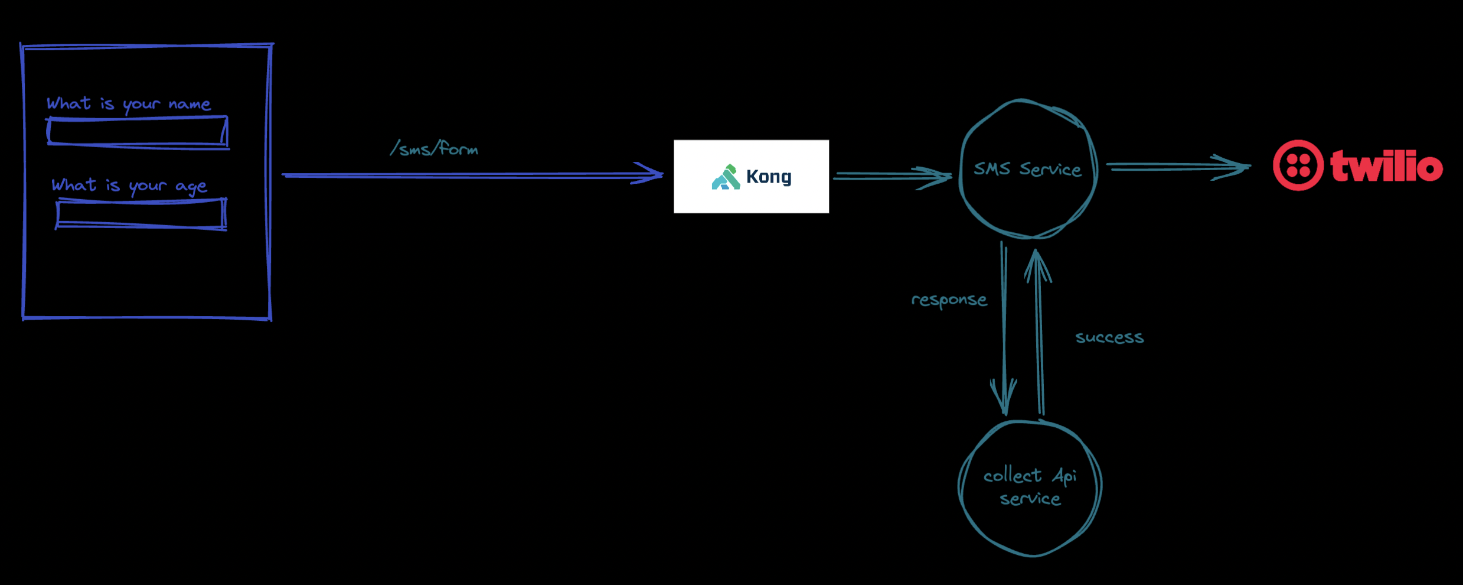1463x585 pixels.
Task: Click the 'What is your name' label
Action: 129,104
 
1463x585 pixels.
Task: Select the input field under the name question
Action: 138,131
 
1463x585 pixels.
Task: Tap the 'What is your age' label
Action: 129,186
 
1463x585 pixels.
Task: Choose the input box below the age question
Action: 141,214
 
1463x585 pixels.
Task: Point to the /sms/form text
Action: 435,148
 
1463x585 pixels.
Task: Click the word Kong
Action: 769,177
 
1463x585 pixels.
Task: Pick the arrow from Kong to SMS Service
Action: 891,176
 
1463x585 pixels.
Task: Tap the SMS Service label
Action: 1027,170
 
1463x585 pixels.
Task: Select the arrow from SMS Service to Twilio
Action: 1177,167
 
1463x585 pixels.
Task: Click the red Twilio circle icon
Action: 1298,165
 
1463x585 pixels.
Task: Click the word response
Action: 949,300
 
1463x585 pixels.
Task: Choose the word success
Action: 1109,337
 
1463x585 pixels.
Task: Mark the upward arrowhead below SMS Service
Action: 1037,264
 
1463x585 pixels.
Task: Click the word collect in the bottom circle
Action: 1012,476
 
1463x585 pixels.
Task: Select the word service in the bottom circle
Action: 1030,499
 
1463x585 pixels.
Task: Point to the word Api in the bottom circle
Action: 1064,476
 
